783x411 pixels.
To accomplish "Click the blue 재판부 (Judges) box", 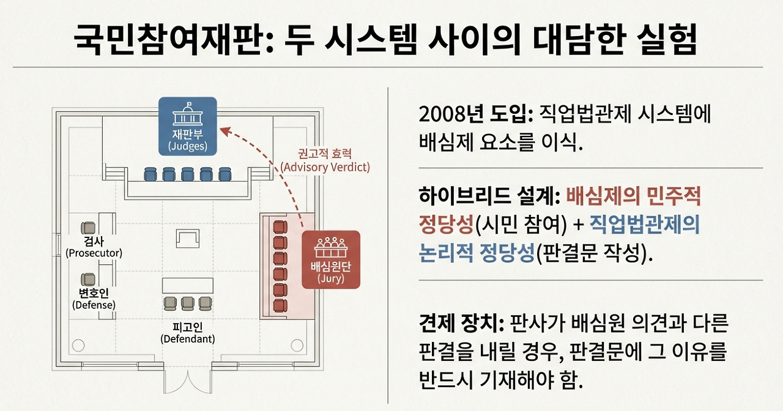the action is click(x=187, y=126).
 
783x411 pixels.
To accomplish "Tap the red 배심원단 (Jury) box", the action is click(x=331, y=259).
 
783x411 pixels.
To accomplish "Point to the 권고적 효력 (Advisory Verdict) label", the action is click(x=325, y=160).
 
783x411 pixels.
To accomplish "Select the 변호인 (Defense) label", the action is click(x=94, y=298).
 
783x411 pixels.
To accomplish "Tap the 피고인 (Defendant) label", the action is click(x=188, y=332).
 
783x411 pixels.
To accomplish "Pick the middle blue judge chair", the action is click(x=187, y=174).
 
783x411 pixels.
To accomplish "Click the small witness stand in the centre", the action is click(x=187, y=238).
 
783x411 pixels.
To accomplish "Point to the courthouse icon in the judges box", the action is click(x=187, y=117).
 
